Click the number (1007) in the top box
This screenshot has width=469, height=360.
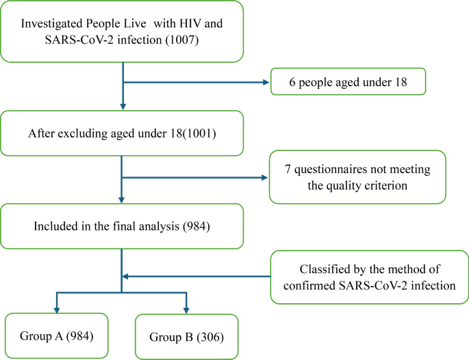(x=182, y=40)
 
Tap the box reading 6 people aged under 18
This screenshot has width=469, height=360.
(x=348, y=81)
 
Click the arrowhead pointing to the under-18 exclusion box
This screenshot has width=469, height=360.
(x=266, y=82)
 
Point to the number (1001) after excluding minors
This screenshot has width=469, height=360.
(x=199, y=133)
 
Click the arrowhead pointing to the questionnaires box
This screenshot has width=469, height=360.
(x=264, y=178)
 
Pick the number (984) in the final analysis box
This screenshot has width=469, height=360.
(x=197, y=227)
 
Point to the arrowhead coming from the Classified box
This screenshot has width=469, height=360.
(x=126, y=277)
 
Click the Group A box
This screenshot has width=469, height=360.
(x=57, y=336)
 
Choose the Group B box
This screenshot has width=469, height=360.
(x=187, y=337)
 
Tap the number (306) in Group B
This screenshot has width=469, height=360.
(x=210, y=337)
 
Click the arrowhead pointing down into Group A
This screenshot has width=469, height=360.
(x=57, y=310)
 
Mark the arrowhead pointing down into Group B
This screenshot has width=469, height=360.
(x=186, y=311)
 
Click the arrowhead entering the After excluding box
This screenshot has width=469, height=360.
(x=123, y=107)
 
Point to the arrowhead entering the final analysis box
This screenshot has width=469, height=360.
(x=121, y=200)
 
